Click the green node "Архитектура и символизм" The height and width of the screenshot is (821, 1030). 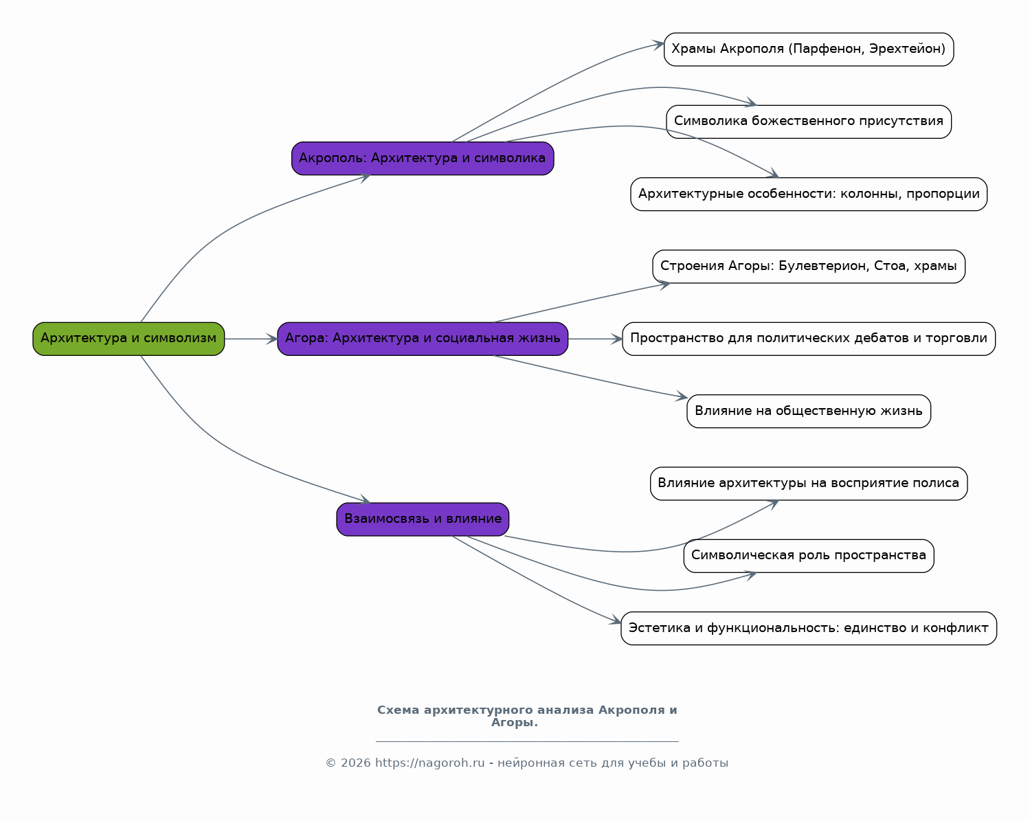[x=128, y=339]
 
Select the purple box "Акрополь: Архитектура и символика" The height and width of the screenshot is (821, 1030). [x=423, y=158]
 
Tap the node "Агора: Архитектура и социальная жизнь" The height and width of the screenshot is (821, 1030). [x=423, y=339]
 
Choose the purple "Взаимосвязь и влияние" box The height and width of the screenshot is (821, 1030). [x=423, y=519]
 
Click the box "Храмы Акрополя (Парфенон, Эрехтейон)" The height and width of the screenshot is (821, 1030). [x=808, y=49]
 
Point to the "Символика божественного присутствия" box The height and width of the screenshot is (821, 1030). [x=808, y=122]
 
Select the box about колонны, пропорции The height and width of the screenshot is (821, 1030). [x=808, y=194]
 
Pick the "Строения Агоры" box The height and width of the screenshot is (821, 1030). [x=808, y=266]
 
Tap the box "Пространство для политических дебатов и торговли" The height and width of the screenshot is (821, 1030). [x=808, y=339]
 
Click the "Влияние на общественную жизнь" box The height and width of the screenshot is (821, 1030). [x=808, y=411]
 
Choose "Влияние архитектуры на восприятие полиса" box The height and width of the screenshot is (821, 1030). [x=808, y=484]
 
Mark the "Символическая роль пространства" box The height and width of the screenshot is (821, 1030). [x=808, y=556]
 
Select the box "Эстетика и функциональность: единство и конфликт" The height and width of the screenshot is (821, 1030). [x=808, y=628]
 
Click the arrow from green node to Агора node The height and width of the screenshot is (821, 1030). [x=251, y=339]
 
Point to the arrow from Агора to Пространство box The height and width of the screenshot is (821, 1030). [x=595, y=339]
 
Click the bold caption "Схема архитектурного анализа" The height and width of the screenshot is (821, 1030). [x=485, y=710]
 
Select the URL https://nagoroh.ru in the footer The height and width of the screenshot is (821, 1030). [x=430, y=763]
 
